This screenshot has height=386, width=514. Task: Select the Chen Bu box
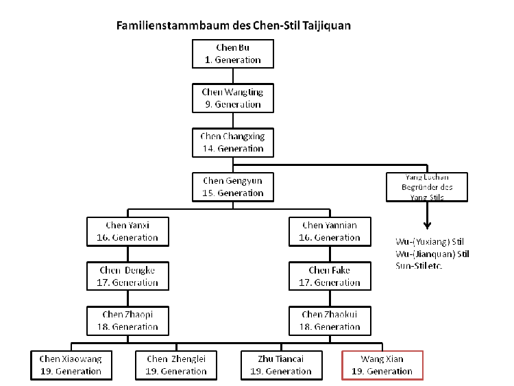coord(232,54)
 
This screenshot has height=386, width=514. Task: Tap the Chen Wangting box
coord(232,98)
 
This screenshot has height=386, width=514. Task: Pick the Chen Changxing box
coord(232,143)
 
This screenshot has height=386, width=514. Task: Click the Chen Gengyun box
coord(232,186)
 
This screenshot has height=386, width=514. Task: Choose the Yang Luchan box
coord(426,187)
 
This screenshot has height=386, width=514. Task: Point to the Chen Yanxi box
coord(128,231)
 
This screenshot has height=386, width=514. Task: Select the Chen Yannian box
coord(329,231)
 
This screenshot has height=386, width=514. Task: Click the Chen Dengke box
coord(128,276)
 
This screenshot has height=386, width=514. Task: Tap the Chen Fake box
coord(329,276)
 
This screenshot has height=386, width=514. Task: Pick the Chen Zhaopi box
coord(128,320)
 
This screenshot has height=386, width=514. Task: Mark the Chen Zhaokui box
coord(329,320)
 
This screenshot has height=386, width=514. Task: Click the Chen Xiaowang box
coord(70,365)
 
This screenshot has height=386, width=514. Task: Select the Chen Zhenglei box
coord(176,365)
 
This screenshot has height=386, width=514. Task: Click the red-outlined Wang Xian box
coord(382,365)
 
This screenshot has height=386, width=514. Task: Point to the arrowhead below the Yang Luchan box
coord(426,224)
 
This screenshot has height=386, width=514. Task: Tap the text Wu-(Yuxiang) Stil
coord(426,242)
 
